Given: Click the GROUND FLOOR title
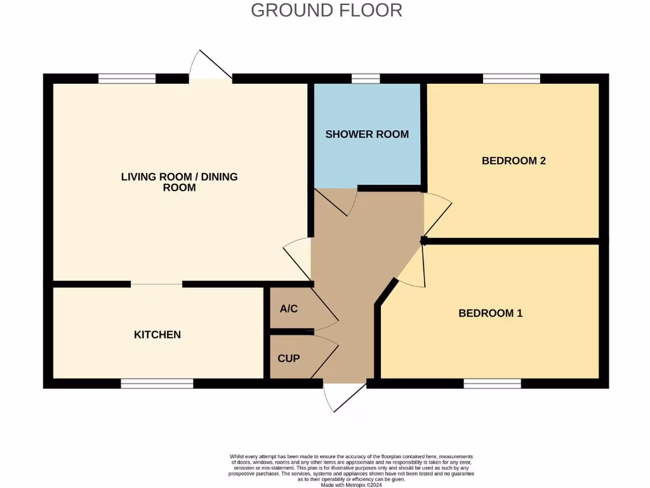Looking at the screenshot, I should click(x=326, y=11).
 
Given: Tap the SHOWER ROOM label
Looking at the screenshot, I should click(x=367, y=134).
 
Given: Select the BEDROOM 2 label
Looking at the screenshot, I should click(x=514, y=161).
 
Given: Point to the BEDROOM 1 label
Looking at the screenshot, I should click(x=490, y=313).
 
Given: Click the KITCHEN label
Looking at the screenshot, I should click(x=157, y=335).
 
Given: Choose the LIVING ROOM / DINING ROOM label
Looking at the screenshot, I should click(x=179, y=182).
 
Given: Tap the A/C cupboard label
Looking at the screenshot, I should click(x=289, y=309).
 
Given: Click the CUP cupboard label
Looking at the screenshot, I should click(x=288, y=358).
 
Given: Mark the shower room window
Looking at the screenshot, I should click(x=366, y=79).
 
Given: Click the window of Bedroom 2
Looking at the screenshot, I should click(x=511, y=79).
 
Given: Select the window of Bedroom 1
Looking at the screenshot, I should click(x=492, y=383).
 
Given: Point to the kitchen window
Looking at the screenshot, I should click(x=157, y=383).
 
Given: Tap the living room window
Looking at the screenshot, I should click(x=127, y=79).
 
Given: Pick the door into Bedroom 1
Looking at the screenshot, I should click(x=411, y=267).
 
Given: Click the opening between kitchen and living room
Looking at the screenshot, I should click(x=157, y=284).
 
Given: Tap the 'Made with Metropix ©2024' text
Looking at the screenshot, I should click(x=351, y=484).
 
